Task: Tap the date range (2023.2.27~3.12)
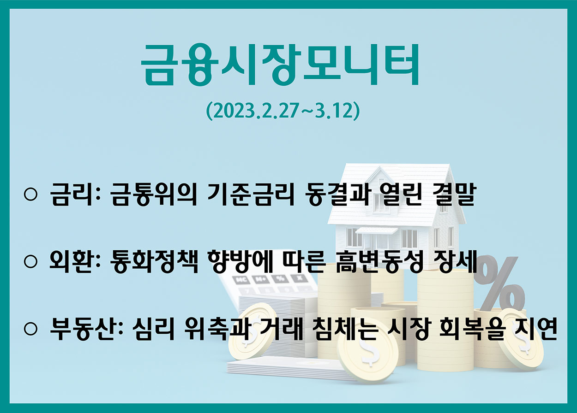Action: [283, 111]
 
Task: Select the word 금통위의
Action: [154, 194]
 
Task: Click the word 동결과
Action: [337, 194]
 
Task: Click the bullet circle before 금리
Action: [30, 195]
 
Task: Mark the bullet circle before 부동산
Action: [30, 329]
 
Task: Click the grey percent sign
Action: [501, 286]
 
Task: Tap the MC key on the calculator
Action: [241, 280]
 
